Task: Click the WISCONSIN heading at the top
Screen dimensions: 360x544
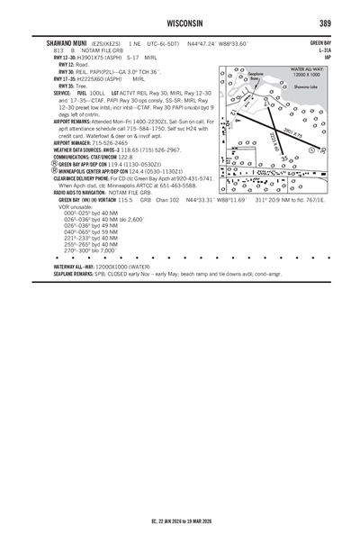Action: click(x=180, y=22)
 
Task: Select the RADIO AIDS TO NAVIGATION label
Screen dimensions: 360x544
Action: click(x=81, y=192)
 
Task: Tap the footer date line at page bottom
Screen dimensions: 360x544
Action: click(x=180, y=521)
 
